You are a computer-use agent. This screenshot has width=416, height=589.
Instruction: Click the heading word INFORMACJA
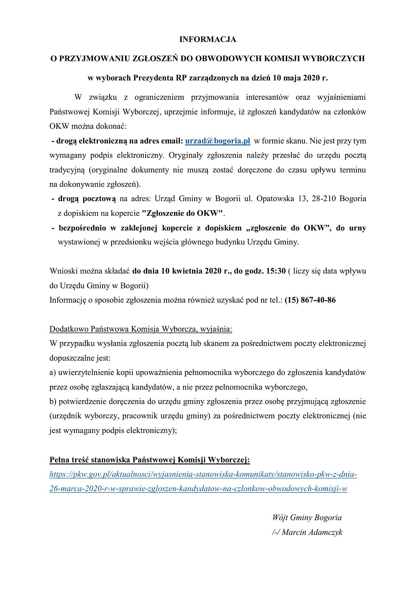[207, 39]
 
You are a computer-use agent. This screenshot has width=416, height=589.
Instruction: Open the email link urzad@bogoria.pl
[217, 141]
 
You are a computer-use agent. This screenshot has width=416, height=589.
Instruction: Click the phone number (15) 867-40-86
[310, 300]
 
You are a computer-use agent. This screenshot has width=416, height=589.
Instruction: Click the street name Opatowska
[275, 199]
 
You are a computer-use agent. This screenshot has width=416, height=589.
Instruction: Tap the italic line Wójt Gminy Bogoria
[307, 518]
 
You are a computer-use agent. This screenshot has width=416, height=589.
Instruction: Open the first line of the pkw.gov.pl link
[203, 474]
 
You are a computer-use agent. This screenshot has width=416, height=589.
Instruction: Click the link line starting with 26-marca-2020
[198, 489]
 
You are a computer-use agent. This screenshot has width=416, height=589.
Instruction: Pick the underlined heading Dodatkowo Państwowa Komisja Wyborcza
[141, 329]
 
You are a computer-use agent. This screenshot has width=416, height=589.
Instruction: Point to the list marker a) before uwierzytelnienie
[53, 373]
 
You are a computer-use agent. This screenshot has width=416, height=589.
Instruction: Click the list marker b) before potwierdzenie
[53, 402]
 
